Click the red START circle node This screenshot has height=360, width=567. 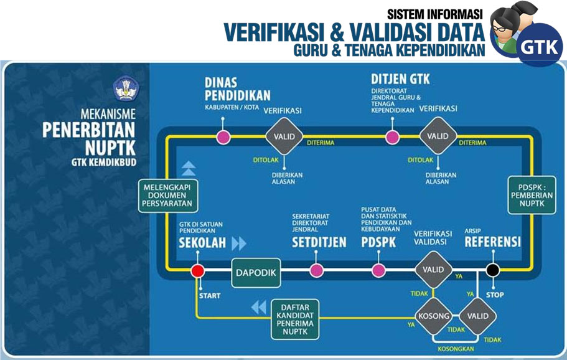(197, 271)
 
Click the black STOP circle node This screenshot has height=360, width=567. (492, 270)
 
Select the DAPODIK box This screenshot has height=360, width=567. (256, 272)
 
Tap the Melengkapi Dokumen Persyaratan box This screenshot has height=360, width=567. (169, 196)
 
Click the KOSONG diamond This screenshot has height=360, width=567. (433, 316)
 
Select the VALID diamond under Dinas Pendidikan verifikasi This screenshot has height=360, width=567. (284, 136)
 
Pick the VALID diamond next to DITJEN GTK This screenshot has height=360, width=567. (438, 136)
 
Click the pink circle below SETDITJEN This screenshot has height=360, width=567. (317, 270)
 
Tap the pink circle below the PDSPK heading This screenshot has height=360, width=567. (378, 270)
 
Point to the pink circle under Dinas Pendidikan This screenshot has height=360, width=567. (222, 136)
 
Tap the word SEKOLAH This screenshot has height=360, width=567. (202, 243)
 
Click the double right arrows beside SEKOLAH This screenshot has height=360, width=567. (239, 243)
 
